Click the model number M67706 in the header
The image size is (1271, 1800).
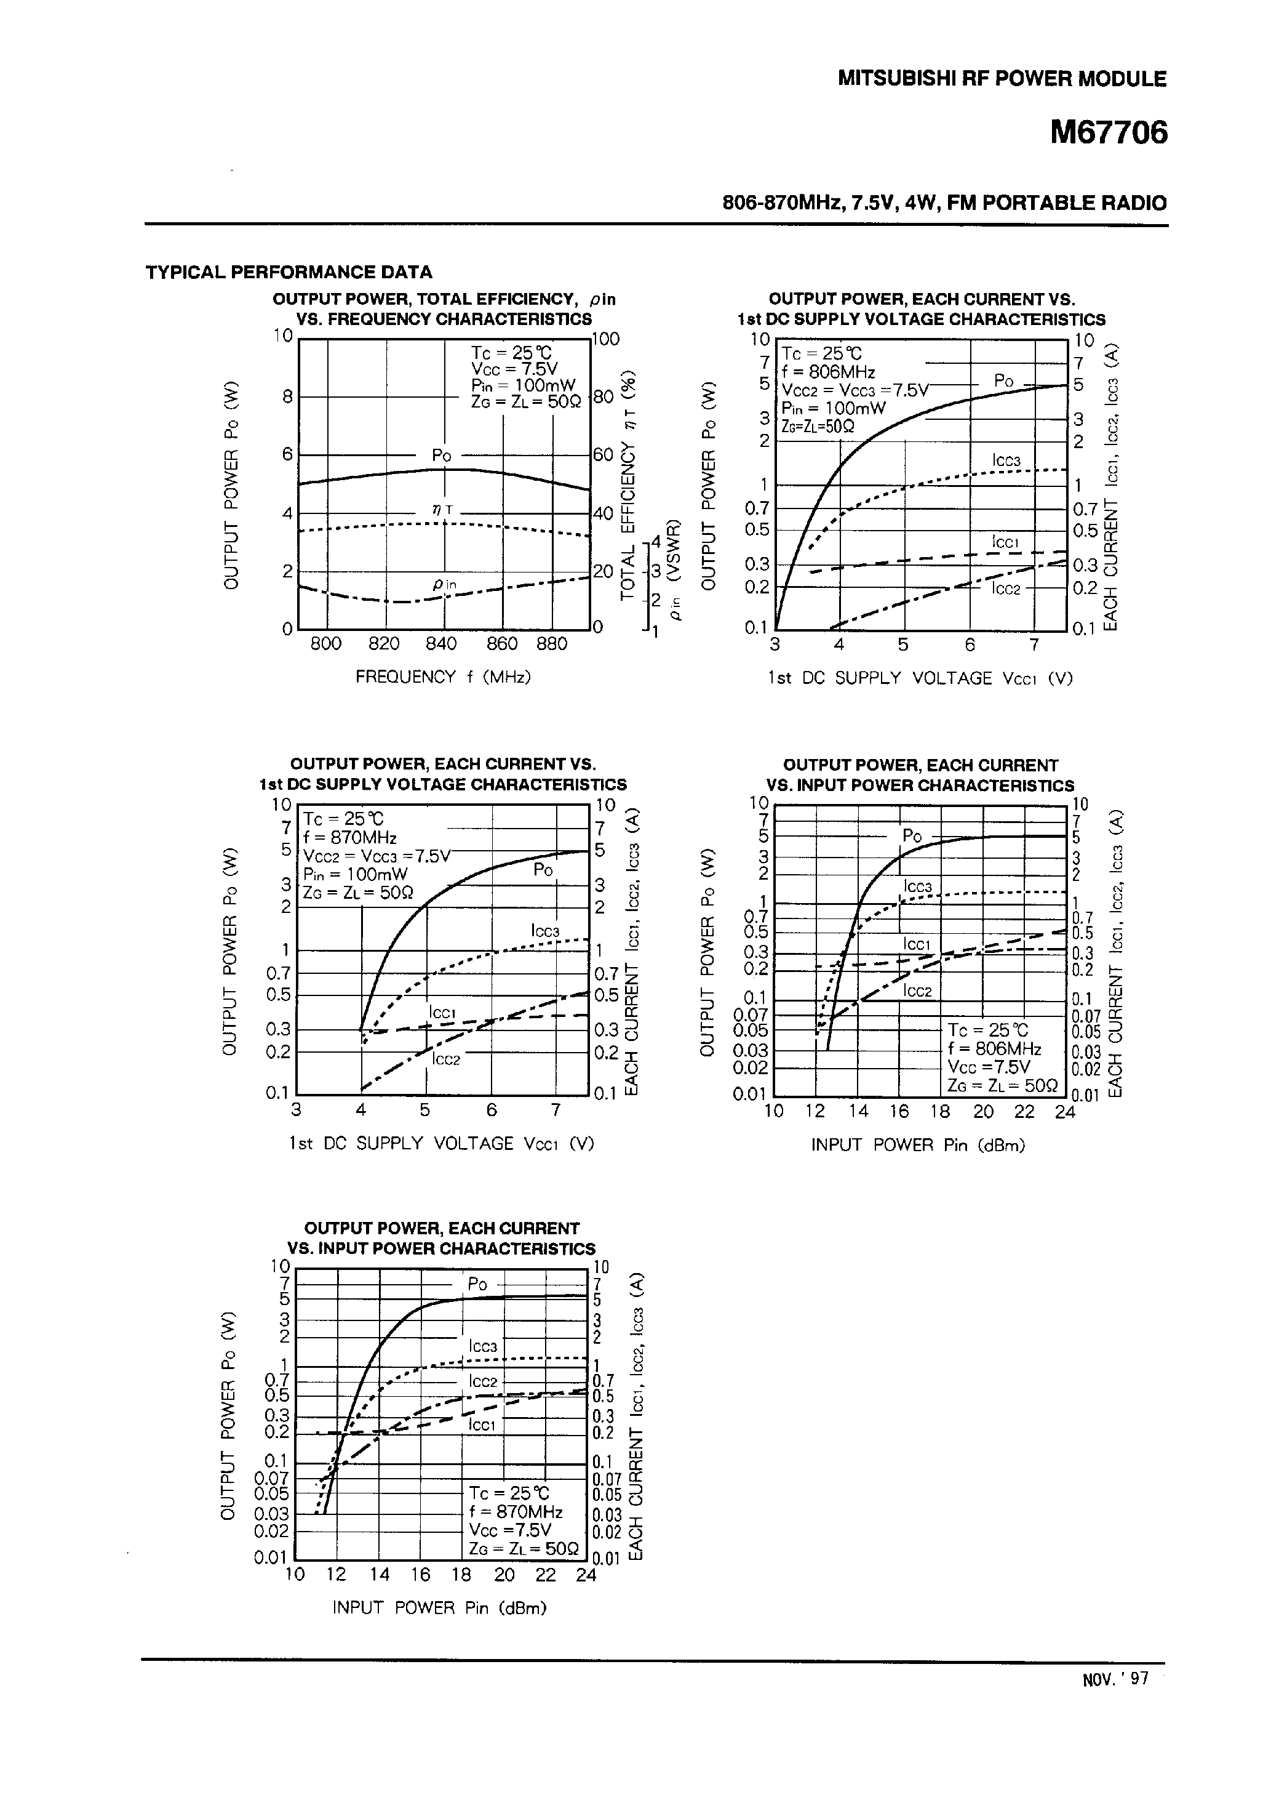[1108, 133]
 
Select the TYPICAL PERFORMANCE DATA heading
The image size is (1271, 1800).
[289, 272]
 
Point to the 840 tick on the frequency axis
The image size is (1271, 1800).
[441, 644]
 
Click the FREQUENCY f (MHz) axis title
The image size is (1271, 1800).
[443, 676]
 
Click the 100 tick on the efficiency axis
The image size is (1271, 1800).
[606, 339]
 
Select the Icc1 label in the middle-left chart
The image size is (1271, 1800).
[443, 1013]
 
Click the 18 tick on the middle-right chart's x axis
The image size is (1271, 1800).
[940, 1111]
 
